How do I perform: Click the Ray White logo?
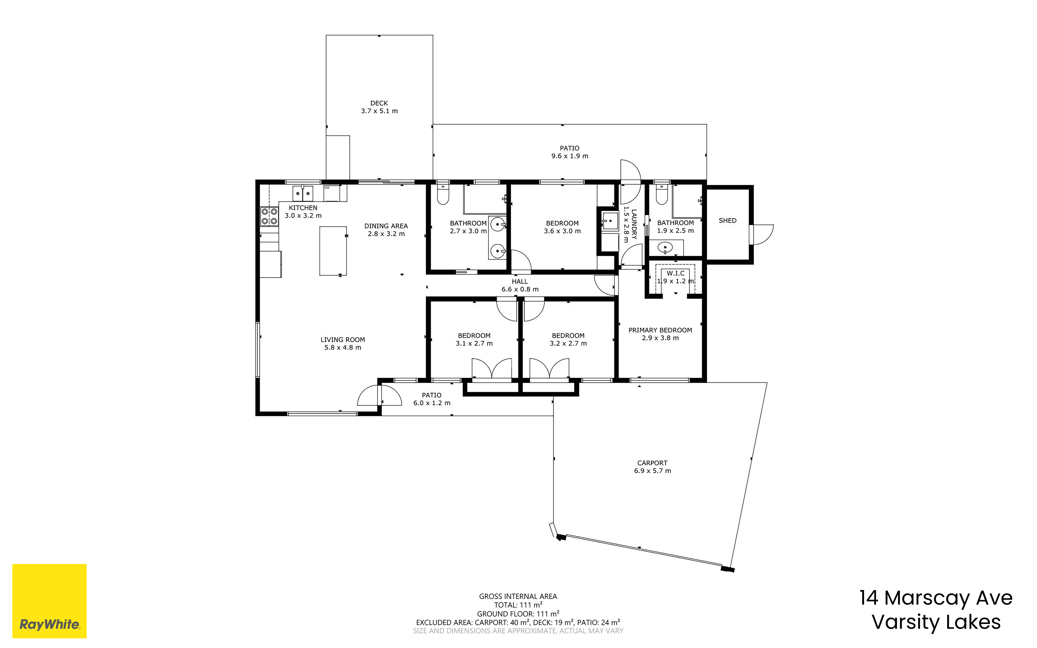tap(49, 601)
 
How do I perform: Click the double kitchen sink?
tap(303, 193)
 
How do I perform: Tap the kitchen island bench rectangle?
tap(333, 251)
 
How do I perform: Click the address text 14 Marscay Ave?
tap(936, 598)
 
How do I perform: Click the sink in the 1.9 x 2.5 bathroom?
tap(665, 247)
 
